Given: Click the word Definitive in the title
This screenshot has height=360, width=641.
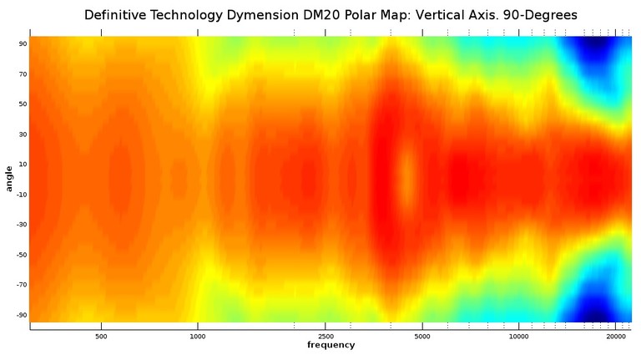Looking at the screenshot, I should pos(115,16).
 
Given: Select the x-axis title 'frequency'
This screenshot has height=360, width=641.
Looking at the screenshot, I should pos(330,345).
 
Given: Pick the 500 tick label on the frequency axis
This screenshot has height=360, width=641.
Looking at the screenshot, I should pos(101,336).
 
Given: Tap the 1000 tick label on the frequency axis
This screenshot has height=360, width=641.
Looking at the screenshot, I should pos(198,336).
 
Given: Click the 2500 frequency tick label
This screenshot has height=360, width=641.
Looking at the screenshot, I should pos(326,336).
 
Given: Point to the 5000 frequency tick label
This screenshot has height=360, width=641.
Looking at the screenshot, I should pos(422,336).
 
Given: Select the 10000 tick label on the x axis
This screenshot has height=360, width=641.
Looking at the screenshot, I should pos(518,336).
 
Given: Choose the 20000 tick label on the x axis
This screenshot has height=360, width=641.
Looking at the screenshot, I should pos(616,336).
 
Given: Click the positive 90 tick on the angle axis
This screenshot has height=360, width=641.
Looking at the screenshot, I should pos(23,43).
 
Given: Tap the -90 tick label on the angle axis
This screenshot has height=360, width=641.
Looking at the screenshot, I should pos(21,315).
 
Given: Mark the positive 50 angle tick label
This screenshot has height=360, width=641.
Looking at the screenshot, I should pos(23,104).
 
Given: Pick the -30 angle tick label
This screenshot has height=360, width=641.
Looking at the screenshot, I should pos(21,225).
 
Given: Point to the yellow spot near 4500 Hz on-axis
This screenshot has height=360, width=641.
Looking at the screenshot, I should pos(406,176).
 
